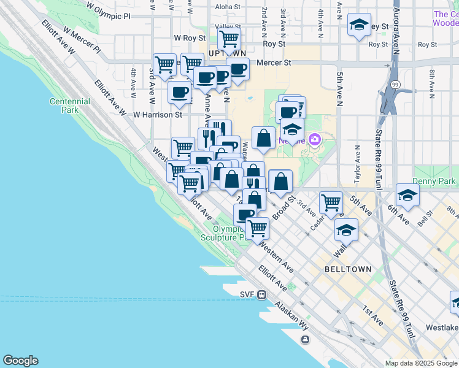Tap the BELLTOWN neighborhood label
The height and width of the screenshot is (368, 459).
(349, 269)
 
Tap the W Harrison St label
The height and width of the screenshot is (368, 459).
(158, 114)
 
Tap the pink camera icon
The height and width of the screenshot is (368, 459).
(315, 139)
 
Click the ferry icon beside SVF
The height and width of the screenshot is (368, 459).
(262, 294)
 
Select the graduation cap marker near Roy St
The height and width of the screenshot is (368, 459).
(359, 25)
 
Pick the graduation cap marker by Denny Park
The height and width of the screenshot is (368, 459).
(407, 196)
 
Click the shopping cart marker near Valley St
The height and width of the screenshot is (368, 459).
(229, 39)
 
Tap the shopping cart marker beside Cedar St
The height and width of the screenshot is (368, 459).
(331, 202)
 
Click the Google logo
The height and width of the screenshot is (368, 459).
(20, 361)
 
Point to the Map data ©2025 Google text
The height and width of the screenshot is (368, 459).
(421, 363)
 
